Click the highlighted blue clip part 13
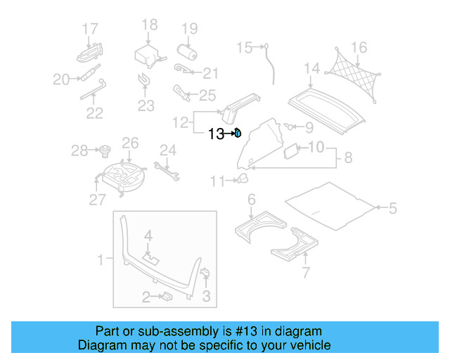pos(238,132)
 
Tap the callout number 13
pos(215,133)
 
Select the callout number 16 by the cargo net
pos(359,48)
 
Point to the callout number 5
pos(392,207)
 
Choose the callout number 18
pos(149,25)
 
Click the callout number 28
pos(79,150)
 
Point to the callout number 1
pos(100,260)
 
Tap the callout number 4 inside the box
pos(148,235)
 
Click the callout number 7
pos(305,273)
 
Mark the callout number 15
pos(244,48)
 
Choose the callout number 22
pos(94,112)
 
